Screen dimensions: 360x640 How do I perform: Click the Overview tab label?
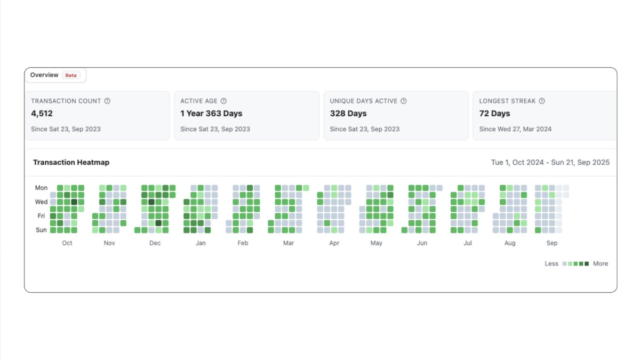(x=44, y=75)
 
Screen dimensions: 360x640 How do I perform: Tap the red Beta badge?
(x=71, y=75)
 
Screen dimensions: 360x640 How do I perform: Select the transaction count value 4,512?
(x=42, y=114)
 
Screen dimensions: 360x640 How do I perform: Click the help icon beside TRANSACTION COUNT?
(x=107, y=101)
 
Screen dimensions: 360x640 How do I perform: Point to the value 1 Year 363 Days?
(x=211, y=114)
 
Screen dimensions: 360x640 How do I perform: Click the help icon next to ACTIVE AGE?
(x=223, y=101)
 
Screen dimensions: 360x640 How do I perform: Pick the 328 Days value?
(x=348, y=114)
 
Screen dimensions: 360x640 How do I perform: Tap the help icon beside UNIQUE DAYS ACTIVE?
(x=404, y=101)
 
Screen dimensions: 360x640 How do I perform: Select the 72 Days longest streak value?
(x=494, y=114)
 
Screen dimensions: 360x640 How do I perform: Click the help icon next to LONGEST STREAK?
(x=542, y=101)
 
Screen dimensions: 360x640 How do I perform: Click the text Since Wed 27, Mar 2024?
(x=515, y=129)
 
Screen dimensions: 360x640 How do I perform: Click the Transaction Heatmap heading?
(x=71, y=162)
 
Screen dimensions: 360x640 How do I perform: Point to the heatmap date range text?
(x=550, y=162)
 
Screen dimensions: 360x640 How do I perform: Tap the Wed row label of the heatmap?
(x=41, y=202)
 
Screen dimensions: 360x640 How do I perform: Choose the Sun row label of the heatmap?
(x=41, y=230)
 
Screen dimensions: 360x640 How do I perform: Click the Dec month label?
(x=155, y=243)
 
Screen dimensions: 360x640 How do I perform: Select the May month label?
(x=376, y=243)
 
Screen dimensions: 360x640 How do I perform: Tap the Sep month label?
(x=552, y=243)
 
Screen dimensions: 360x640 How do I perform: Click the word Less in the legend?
(x=551, y=263)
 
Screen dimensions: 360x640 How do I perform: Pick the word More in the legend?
(x=601, y=263)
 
